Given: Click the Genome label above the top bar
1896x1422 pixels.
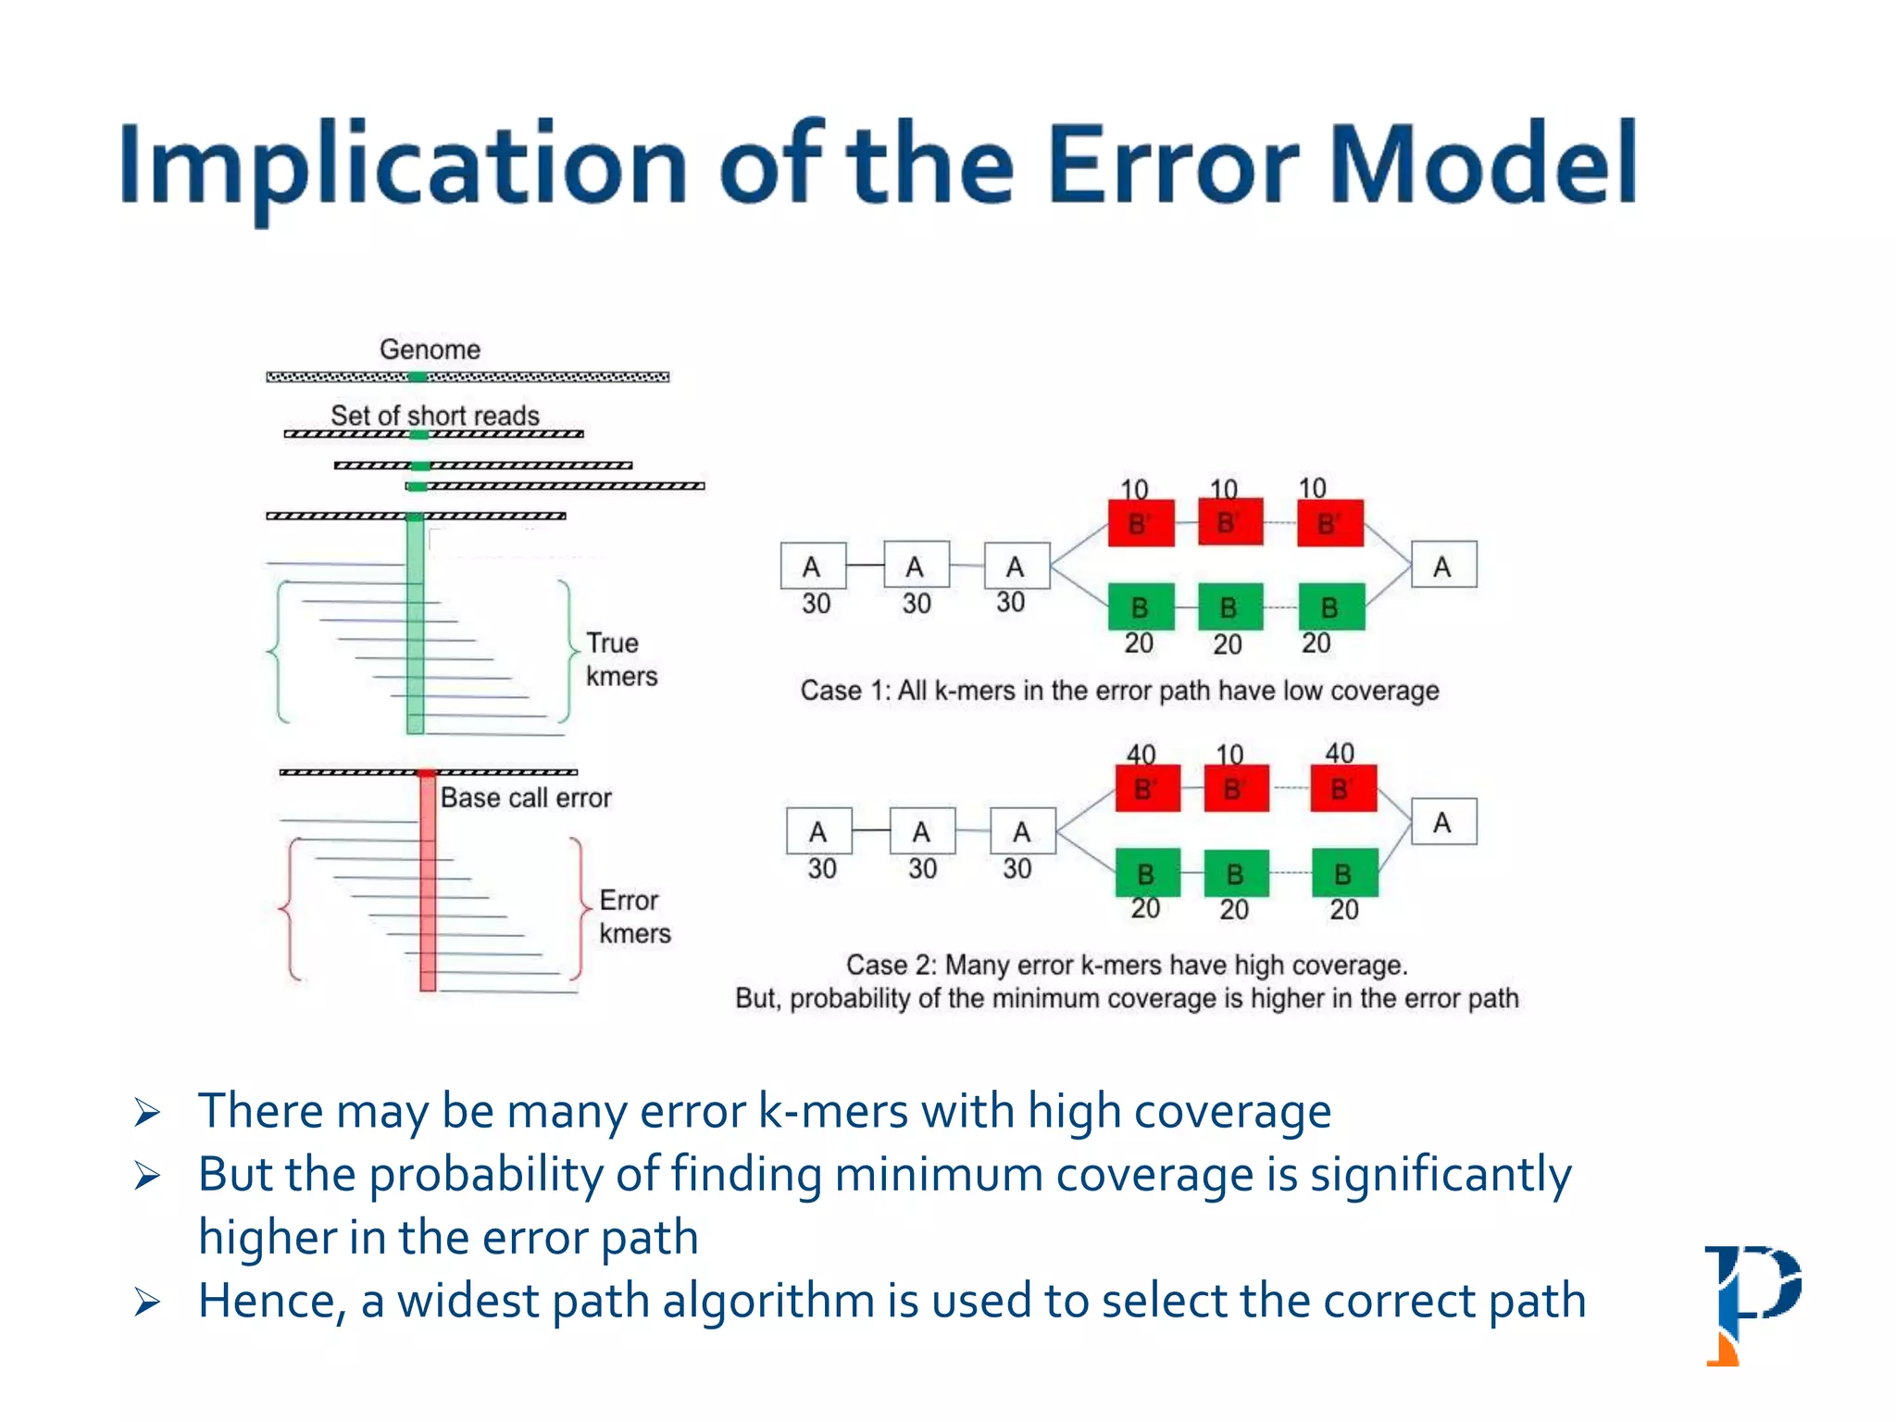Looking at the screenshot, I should (x=430, y=349).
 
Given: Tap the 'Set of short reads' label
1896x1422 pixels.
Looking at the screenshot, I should (x=434, y=415).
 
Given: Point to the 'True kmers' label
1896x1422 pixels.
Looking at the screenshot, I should (x=620, y=659).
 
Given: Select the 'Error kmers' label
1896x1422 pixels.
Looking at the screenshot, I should (x=634, y=917).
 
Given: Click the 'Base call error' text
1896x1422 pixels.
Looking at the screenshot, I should (x=525, y=797).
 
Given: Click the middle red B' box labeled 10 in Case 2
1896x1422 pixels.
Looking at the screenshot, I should (x=1236, y=789).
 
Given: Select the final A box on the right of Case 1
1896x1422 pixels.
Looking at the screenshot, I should (x=1443, y=565).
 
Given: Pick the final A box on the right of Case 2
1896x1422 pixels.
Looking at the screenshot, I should (x=1443, y=821).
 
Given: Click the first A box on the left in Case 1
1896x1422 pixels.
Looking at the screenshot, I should (x=813, y=566).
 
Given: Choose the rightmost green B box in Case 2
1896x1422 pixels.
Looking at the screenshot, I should (x=1344, y=872).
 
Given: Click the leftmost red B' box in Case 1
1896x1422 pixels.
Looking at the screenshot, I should (x=1141, y=524).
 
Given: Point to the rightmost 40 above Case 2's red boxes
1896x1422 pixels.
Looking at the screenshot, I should (x=1339, y=752).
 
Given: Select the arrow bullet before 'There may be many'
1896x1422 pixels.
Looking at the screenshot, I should (x=147, y=1111).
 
